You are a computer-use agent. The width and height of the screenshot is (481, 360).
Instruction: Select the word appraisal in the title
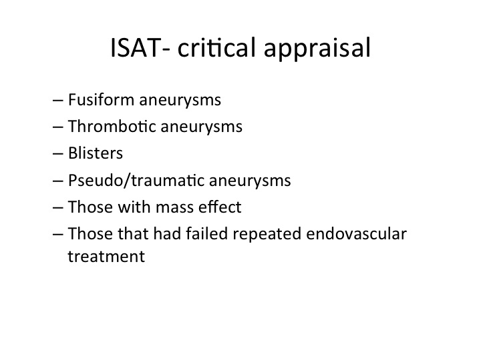click(317, 49)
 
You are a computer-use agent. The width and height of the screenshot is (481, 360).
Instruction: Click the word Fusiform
click(102, 99)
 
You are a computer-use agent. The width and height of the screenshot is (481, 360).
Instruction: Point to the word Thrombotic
click(112, 126)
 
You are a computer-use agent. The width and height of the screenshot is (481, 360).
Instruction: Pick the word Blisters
click(96, 153)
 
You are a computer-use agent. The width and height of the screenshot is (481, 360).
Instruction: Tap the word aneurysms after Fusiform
click(180, 101)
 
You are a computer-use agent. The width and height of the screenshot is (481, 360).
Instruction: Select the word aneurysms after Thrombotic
click(202, 127)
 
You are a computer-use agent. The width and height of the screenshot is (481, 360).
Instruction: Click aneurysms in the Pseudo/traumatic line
click(250, 181)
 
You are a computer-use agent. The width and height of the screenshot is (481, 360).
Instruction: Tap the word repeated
click(267, 235)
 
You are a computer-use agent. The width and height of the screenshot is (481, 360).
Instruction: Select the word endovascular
click(356, 233)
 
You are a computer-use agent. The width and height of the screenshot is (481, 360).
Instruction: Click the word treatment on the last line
click(106, 257)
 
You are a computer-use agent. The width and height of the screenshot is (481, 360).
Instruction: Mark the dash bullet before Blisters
click(58, 153)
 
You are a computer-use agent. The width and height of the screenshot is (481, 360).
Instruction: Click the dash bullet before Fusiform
click(58, 100)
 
